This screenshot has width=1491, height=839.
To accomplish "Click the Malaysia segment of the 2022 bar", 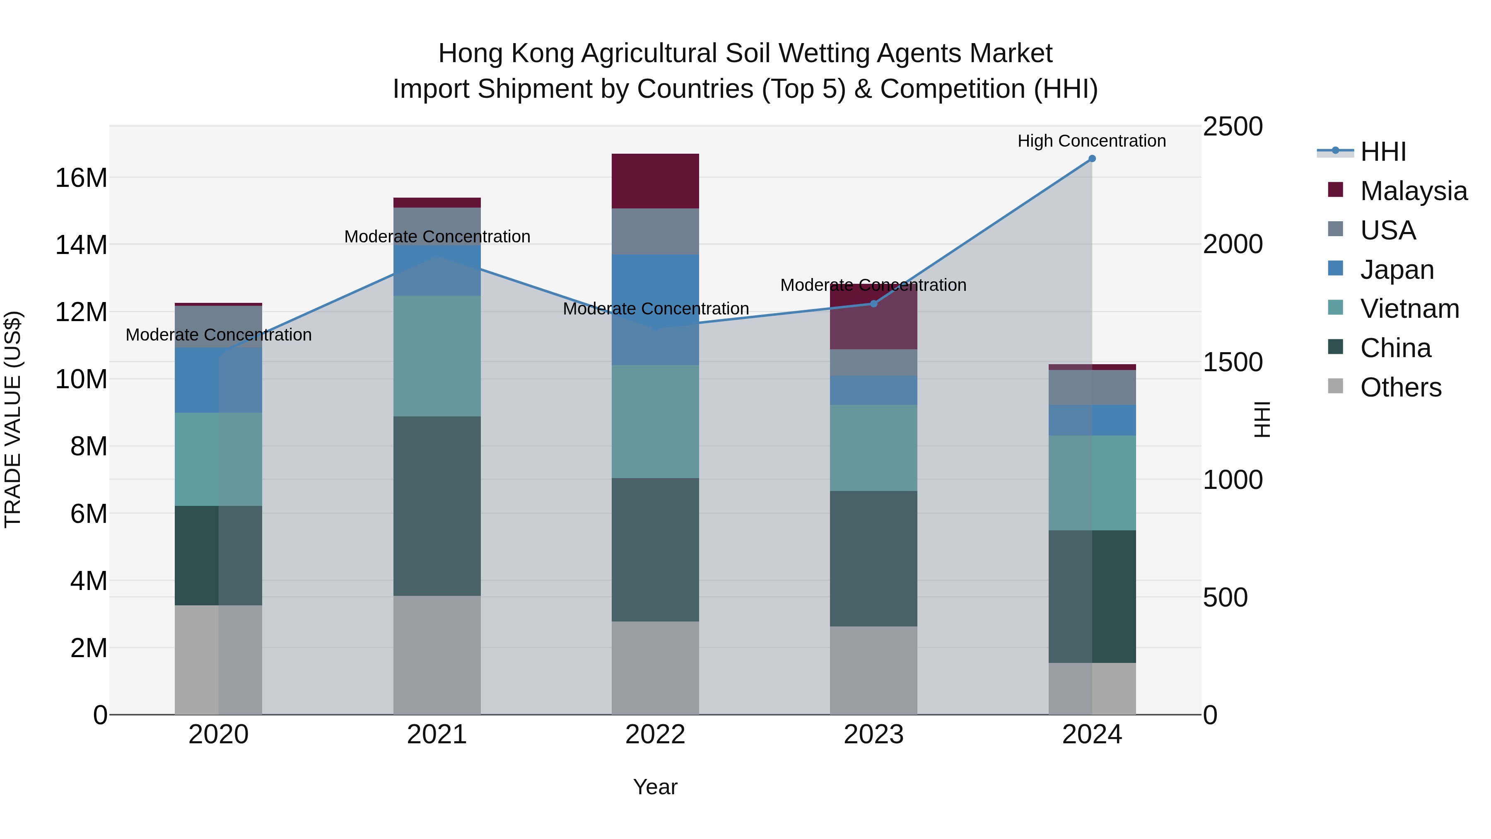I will (655, 181).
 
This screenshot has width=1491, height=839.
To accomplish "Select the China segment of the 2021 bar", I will (437, 505).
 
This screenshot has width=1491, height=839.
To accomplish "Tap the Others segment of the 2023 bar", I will (873, 670).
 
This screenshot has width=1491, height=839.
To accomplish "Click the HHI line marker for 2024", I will (1092, 159).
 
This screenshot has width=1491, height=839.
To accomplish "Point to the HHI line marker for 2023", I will (874, 303).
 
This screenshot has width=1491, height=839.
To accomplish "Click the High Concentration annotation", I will (1092, 141).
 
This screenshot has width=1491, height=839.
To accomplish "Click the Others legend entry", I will (1400, 387).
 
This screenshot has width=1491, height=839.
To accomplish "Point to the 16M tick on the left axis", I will (81, 178).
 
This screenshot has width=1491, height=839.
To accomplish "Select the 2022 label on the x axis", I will (655, 734).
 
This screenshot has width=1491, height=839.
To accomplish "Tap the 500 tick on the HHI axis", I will (1225, 597).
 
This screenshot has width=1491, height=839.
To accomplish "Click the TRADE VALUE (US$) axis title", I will (13, 419).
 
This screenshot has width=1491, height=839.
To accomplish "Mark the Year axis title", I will (655, 787).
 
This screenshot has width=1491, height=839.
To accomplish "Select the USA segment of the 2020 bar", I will (218, 326).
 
